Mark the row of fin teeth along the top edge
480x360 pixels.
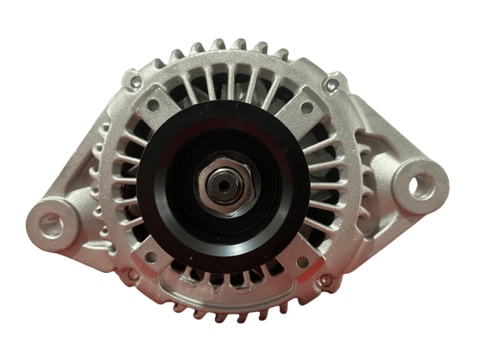[229, 49]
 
